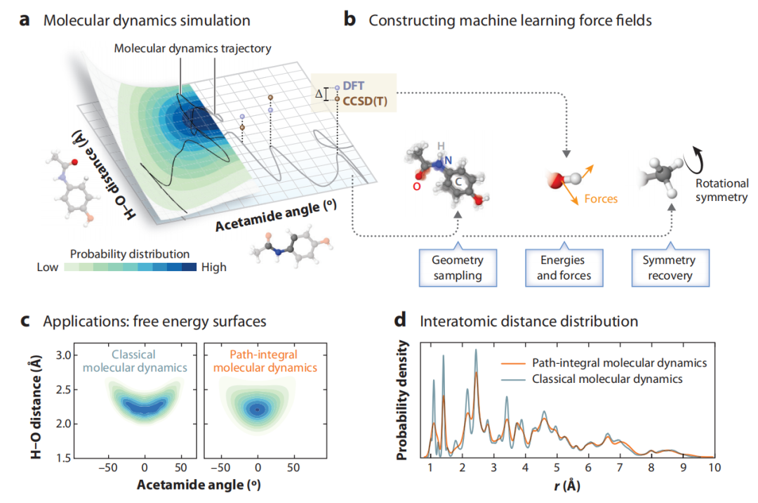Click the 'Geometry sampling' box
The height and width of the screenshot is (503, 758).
(x=456, y=268)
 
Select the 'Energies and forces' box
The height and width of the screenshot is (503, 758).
(x=564, y=268)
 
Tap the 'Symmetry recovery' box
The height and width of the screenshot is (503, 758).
(x=669, y=268)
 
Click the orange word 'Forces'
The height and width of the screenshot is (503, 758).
(x=601, y=199)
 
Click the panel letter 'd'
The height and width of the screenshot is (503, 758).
(x=401, y=322)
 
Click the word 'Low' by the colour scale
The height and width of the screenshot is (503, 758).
(x=48, y=267)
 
